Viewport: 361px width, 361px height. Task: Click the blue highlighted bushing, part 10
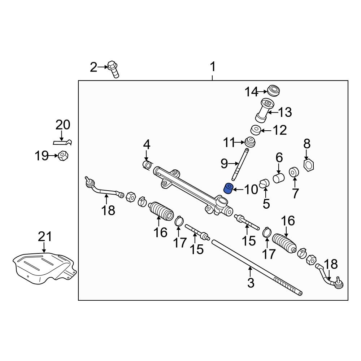click(x=228, y=188)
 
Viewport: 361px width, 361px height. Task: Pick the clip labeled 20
click(x=64, y=142)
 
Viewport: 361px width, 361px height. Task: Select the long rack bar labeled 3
click(x=253, y=265)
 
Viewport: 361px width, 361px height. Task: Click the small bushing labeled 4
click(x=147, y=165)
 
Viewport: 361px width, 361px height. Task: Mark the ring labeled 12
click(x=256, y=130)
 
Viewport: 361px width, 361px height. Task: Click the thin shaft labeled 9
click(x=240, y=164)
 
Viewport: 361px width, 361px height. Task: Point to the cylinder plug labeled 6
click(x=279, y=178)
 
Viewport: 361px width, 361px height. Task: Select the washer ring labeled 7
click(x=295, y=173)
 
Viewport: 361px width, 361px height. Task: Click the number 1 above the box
click(x=213, y=67)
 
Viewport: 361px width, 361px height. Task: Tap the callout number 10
click(x=252, y=188)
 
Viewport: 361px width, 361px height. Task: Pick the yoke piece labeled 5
click(x=265, y=183)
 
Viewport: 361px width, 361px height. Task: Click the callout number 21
click(x=45, y=237)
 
